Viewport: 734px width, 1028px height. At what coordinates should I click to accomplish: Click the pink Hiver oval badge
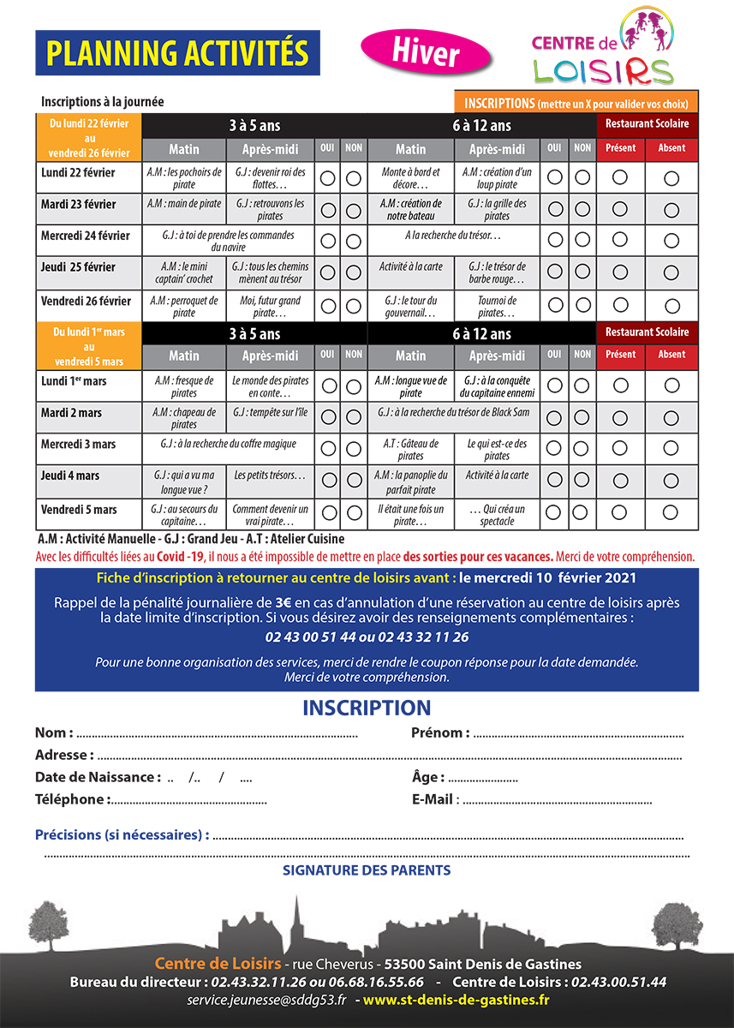[426, 52]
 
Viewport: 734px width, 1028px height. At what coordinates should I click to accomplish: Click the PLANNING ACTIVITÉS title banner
[177, 53]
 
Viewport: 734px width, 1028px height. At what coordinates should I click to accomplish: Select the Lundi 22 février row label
[78, 173]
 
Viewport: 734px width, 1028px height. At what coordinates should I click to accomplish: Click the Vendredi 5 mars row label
[80, 510]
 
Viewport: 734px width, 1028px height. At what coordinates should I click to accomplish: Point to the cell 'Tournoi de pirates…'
[497, 307]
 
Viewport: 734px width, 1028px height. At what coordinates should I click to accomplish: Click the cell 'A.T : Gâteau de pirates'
[411, 450]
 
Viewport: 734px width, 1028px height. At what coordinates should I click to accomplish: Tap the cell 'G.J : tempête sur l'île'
[270, 413]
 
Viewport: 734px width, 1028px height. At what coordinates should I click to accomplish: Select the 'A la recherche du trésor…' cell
[453, 235]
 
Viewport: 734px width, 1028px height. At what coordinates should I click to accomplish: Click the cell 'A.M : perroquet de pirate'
[184, 307]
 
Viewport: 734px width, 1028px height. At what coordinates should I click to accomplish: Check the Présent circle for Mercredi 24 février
[620, 241]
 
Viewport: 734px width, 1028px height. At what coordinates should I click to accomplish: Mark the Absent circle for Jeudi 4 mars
[671, 481]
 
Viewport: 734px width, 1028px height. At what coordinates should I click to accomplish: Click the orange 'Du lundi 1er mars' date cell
[88, 346]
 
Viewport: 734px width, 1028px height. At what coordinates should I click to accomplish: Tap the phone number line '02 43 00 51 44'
[367, 637]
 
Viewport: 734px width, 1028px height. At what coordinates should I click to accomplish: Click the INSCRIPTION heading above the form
[367, 708]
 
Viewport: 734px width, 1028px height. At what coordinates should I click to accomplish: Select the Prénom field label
[440, 733]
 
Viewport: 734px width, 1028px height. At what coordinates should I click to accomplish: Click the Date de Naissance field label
[98, 777]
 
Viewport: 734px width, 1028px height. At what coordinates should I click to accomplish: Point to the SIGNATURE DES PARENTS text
[367, 870]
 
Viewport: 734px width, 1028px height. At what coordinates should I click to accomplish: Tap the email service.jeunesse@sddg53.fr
[266, 1000]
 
